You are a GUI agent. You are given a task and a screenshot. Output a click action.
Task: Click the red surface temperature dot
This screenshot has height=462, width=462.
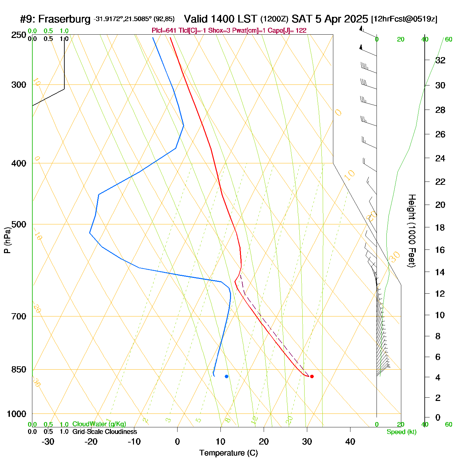pyautogui.click(x=312, y=376)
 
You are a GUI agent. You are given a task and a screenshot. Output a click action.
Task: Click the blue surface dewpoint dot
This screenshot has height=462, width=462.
pyautogui.click(x=226, y=376)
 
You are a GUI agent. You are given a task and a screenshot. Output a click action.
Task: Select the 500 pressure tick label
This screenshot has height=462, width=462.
pyautogui.click(x=19, y=224)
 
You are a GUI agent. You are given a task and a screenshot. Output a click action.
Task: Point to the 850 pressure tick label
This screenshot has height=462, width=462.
pyautogui.click(x=19, y=370)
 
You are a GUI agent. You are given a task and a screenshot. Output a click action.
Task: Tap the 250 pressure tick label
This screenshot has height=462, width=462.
pyautogui.click(x=19, y=35)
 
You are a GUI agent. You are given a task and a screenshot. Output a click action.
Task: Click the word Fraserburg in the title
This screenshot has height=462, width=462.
pyautogui.click(x=64, y=19)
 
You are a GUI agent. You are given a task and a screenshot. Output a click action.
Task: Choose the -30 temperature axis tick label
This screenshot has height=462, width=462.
pyautogui.click(x=48, y=442)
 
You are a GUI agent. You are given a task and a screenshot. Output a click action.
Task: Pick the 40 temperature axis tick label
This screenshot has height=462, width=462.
pyautogui.click(x=350, y=442)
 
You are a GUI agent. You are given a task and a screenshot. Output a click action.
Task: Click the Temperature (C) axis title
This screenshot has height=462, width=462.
pyautogui.click(x=228, y=453)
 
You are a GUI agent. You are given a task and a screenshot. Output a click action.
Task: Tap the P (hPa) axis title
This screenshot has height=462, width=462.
pyautogui.click(x=7, y=240)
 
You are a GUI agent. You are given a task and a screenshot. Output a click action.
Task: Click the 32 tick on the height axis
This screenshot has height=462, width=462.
pyautogui.click(x=440, y=60)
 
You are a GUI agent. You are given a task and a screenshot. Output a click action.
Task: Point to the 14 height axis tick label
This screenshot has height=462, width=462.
pyautogui.click(x=440, y=272)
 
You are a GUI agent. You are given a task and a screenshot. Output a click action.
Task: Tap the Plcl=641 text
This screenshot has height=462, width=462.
pyautogui.click(x=164, y=31)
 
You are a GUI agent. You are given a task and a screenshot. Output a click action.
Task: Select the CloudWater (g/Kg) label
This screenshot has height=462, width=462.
pyautogui.click(x=99, y=424)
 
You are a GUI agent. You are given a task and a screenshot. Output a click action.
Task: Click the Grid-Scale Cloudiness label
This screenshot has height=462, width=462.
pyautogui.click(x=105, y=432)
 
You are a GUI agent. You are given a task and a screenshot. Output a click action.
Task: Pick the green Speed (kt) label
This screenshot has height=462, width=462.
pyautogui.click(x=402, y=432)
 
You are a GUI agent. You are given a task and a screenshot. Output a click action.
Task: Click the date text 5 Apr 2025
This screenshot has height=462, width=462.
pyautogui.click(x=341, y=19)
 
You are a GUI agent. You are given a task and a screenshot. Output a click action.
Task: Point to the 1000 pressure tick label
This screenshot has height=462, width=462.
pyautogui.click(x=16, y=414)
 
